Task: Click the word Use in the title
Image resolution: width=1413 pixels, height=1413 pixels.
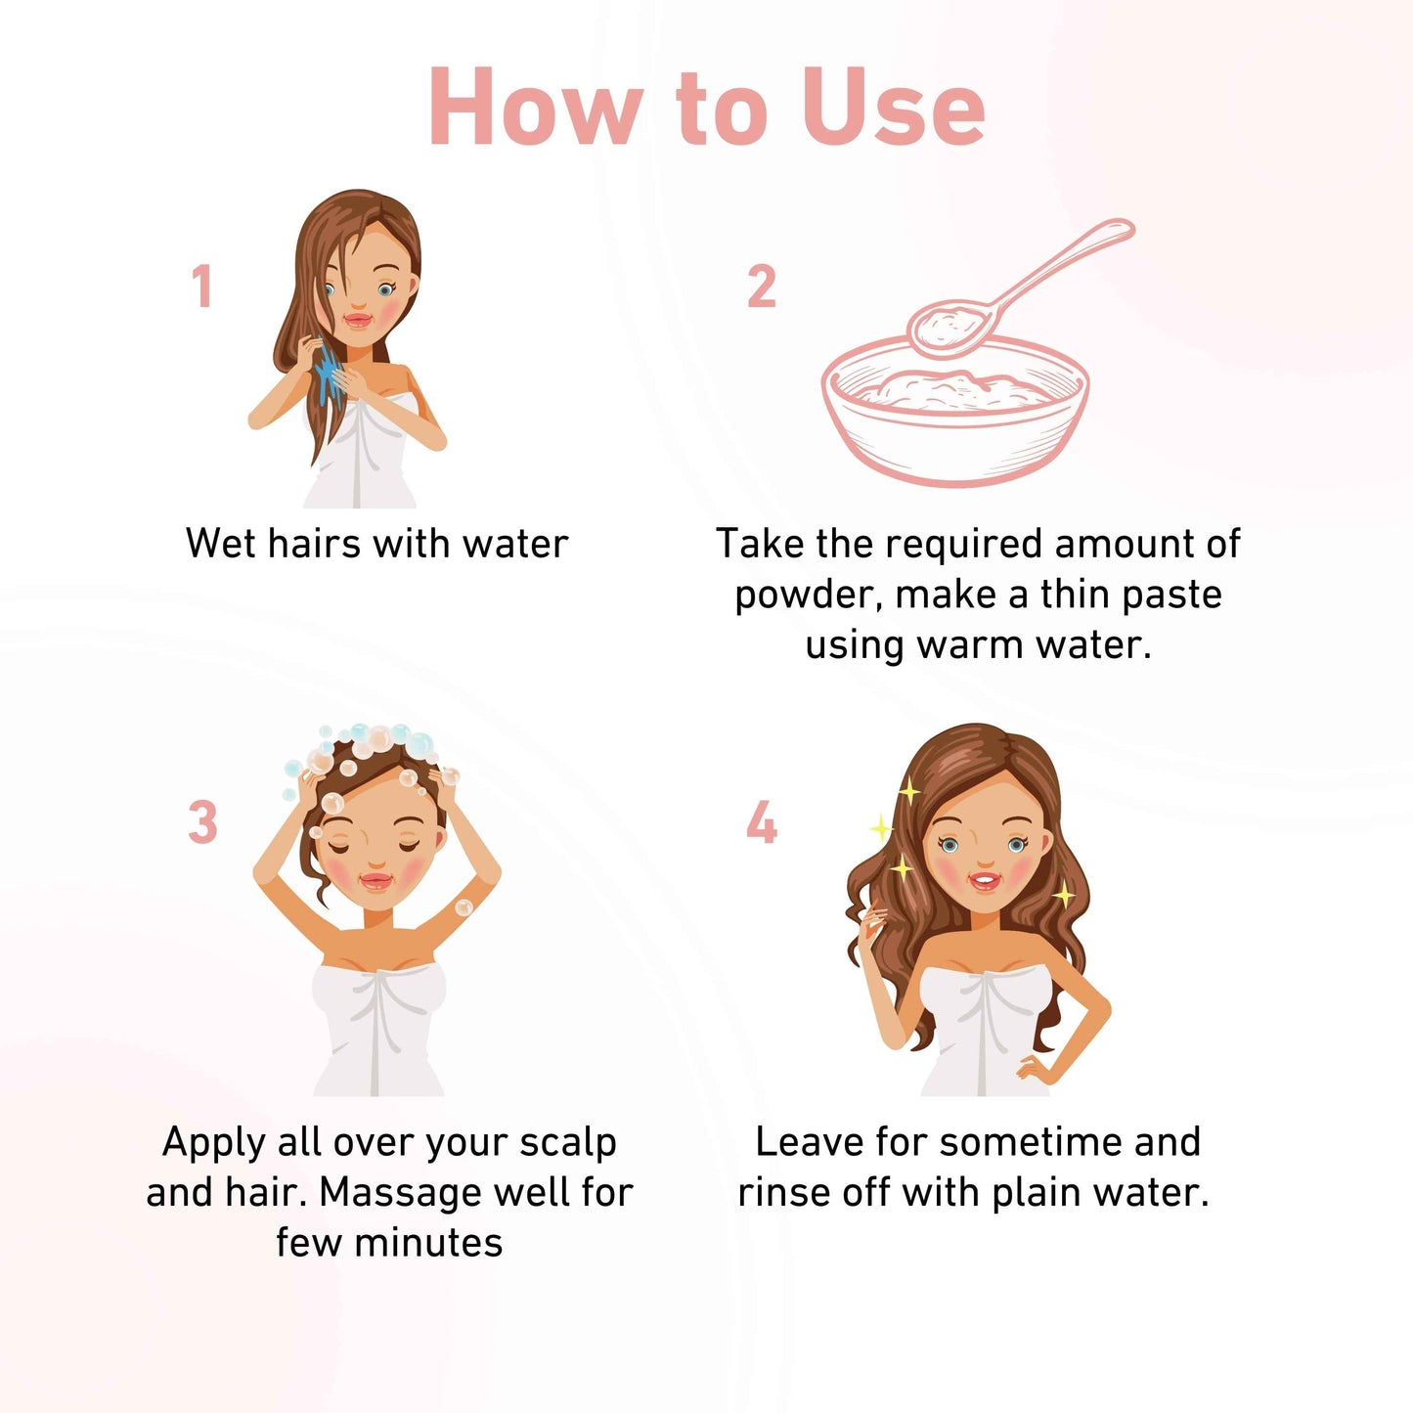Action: [894, 108]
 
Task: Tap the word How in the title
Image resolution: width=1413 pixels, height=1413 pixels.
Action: [536, 108]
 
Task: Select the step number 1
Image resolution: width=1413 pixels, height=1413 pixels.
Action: [202, 286]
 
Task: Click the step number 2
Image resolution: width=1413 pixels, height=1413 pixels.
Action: [761, 286]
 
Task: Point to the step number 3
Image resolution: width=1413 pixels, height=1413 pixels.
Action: [203, 821]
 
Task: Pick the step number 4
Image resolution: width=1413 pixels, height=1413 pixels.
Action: [761, 821]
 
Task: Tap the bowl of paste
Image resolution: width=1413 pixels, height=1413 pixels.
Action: [954, 411]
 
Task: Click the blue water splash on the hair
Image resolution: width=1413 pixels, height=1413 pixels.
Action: [328, 374]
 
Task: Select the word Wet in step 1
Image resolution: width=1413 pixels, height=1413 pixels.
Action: [221, 544]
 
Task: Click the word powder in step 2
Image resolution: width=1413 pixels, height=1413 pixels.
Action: [806, 596]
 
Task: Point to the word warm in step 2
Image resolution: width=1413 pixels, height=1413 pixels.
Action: [970, 646]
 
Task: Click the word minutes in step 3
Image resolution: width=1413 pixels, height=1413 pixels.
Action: [428, 1244]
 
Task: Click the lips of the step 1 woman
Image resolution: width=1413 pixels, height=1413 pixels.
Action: [359, 321]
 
